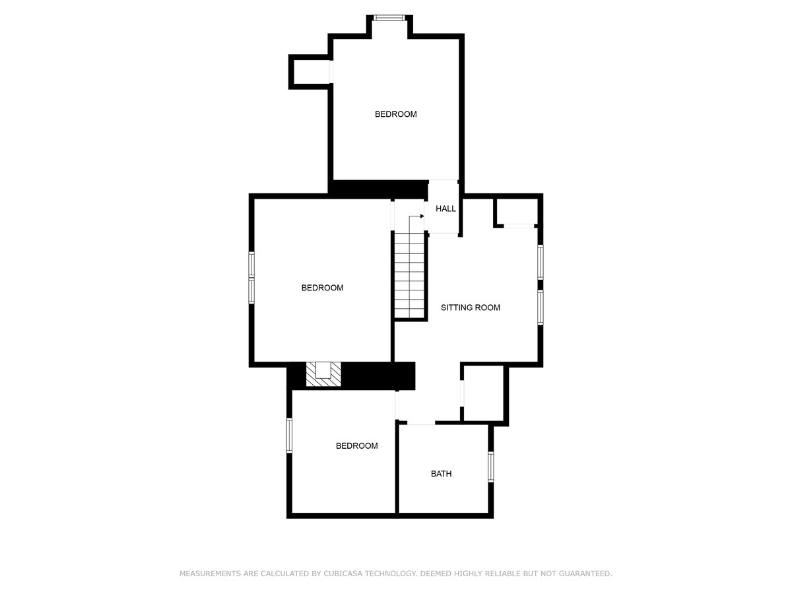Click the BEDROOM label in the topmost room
coord(395,114)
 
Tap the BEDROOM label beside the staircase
coord(322,288)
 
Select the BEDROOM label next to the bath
coord(356,445)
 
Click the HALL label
coord(445,209)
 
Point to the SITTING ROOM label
coord(471,308)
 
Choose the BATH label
coord(441,473)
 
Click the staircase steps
coord(409,275)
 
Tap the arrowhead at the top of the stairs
coord(422,216)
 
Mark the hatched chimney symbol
coord(323,374)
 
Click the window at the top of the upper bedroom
coord(389,18)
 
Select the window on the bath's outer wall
coord(491,467)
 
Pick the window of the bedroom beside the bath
coord(289,436)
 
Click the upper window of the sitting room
coord(540,262)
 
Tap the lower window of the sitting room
coord(540,308)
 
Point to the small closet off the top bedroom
coord(311,72)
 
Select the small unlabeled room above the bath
coord(484,393)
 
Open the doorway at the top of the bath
coord(421,422)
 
